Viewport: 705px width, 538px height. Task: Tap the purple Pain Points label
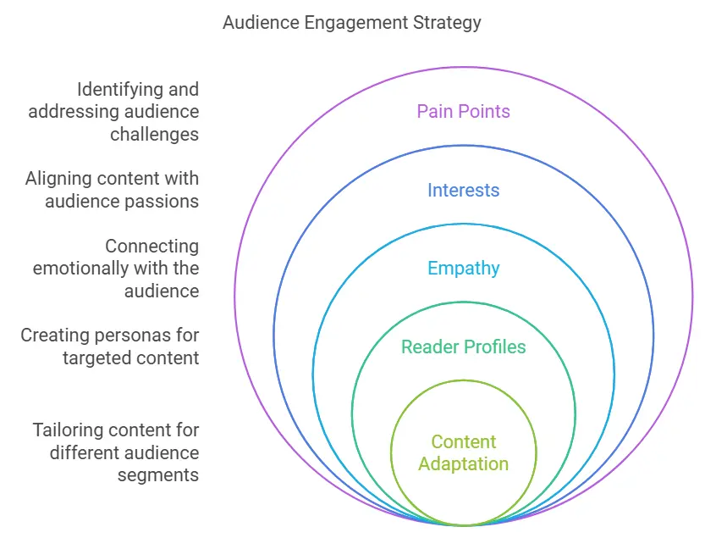[x=463, y=112]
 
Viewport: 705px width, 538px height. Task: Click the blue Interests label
[x=463, y=190]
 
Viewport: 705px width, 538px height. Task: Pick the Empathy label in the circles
[x=463, y=269]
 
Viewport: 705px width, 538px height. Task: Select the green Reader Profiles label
[x=463, y=347]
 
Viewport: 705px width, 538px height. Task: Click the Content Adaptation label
[x=463, y=452]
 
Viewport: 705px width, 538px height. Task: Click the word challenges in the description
[x=154, y=134]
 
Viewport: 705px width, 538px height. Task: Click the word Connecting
[x=152, y=247]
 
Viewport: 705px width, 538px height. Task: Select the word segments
[x=158, y=474]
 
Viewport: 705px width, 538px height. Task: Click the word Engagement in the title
[x=350, y=23]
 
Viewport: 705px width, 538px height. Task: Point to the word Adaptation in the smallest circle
[x=463, y=463]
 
